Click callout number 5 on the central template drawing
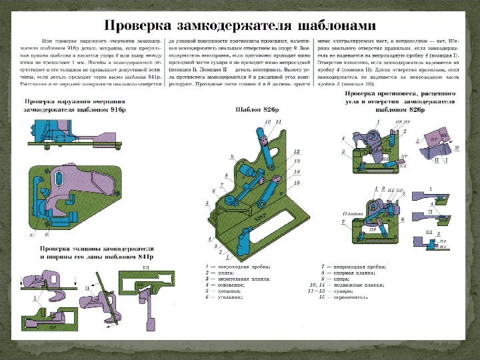pos(207,202)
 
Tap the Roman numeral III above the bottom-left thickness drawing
pos(145,266)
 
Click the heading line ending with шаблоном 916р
pos(74,108)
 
